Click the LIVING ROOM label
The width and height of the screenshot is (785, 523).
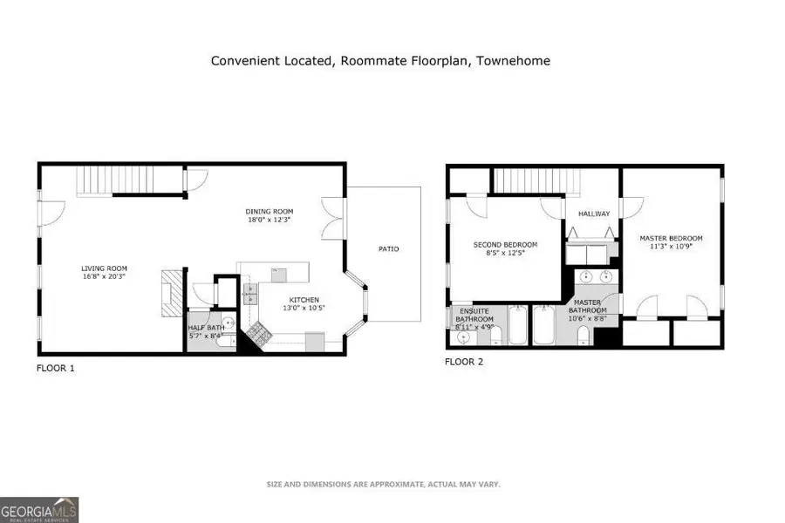tap(104, 268)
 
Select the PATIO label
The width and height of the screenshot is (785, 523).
tap(388, 249)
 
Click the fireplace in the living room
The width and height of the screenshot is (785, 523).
tap(172, 289)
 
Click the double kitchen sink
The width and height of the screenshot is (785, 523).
tap(249, 292)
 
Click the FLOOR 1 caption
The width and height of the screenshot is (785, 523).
tap(55, 368)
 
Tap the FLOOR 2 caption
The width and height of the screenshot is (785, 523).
tap(464, 361)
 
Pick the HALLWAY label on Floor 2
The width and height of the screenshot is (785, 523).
tap(594, 214)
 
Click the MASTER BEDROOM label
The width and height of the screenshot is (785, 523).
tap(671, 238)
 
